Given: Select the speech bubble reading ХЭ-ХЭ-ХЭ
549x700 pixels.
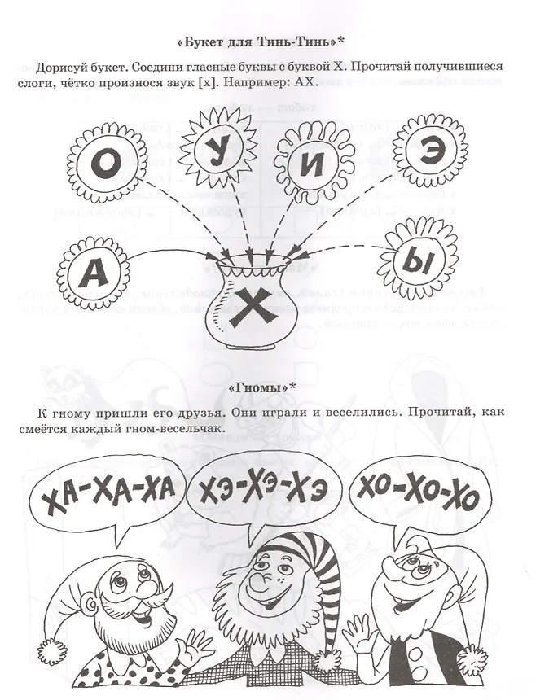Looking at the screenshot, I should tap(261, 487).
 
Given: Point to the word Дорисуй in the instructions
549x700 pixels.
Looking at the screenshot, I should tap(64, 65).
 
